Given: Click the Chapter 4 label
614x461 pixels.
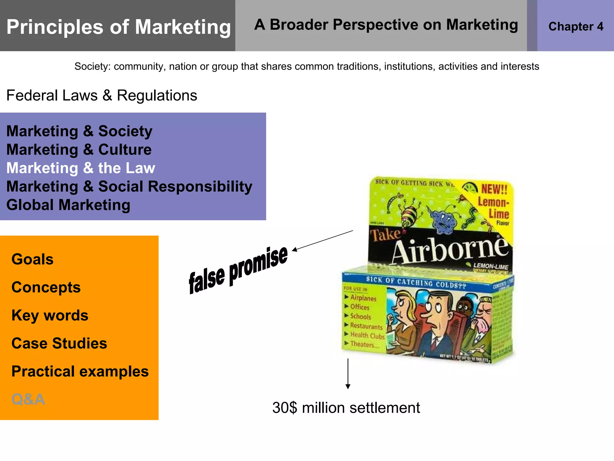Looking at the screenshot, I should (x=576, y=26).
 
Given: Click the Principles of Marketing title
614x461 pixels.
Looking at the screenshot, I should (x=118, y=27).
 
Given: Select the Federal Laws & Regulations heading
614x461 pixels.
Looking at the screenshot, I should (x=102, y=95).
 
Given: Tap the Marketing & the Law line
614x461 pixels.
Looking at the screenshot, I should (x=81, y=168).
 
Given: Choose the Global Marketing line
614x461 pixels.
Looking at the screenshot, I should (x=68, y=205).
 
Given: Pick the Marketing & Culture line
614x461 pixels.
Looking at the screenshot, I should (x=79, y=149).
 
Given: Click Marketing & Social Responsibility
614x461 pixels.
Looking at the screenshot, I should (x=129, y=186).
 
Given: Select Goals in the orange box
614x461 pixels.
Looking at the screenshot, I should (x=32, y=259).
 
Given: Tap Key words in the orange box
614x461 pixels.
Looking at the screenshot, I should (x=50, y=315).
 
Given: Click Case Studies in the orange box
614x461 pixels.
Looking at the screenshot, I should (x=59, y=343).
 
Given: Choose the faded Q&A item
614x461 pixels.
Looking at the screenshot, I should (x=28, y=399).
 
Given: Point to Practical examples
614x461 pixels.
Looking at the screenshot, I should (x=80, y=372).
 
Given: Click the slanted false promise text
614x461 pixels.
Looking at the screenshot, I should (x=238, y=270).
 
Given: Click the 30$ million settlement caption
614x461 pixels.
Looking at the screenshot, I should (x=346, y=408).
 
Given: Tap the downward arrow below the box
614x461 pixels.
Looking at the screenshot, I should (x=348, y=374).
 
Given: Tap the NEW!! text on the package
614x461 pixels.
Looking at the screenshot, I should (x=494, y=189).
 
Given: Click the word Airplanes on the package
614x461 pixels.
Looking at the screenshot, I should (x=363, y=298).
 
